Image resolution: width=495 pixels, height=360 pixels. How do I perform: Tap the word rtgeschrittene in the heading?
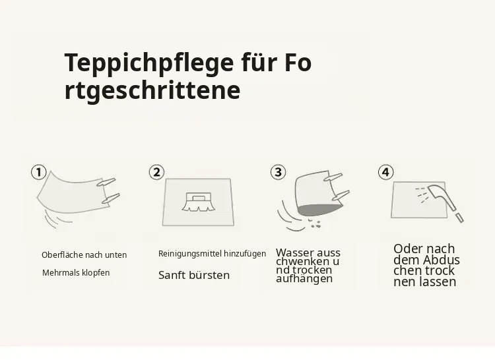tap(152, 91)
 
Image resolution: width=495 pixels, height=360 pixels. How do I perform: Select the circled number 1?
tap(39, 173)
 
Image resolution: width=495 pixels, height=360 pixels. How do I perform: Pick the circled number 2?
tap(156, 173)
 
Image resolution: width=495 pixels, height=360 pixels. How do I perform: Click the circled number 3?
tap(278, 172)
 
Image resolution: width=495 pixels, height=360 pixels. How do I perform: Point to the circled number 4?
tap(386, 172)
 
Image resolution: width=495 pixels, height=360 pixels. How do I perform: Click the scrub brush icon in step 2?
tap(198, 202)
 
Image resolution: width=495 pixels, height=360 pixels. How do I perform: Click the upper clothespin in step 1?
tap(106, 182)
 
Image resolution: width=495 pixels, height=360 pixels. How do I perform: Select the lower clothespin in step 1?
tap(110, 198)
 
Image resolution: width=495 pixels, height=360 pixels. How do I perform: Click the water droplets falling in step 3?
tap(315, 224)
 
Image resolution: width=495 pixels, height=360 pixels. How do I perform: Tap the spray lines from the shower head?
tap(421, 195)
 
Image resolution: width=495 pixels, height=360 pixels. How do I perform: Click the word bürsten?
tap(211, 275)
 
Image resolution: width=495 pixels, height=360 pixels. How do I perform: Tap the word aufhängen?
tap(304, 279)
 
